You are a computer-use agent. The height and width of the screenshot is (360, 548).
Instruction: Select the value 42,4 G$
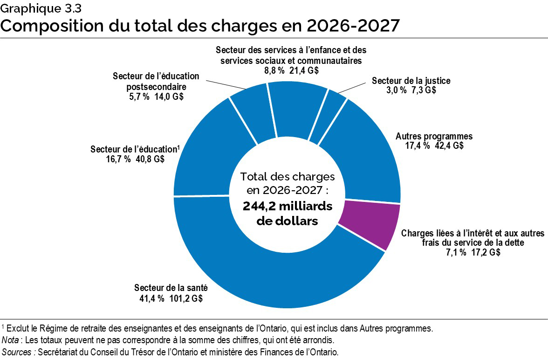[448, 145]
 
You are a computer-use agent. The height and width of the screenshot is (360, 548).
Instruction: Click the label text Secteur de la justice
[411, 81]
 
